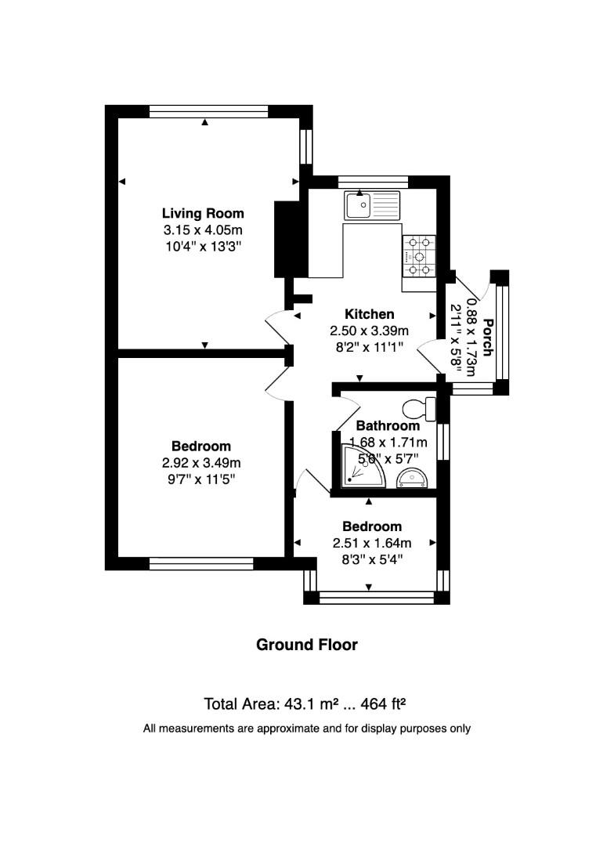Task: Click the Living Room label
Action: (203, 213)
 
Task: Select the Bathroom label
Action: (388, 426)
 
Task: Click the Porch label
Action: (488, 337)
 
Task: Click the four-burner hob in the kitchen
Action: (419, 256)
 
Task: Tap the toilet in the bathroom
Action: (419, 408)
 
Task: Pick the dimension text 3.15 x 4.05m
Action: (203, 230)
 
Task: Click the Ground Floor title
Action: (307, 645)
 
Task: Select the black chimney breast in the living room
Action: (283, 239)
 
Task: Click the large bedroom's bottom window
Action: (201, 562)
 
